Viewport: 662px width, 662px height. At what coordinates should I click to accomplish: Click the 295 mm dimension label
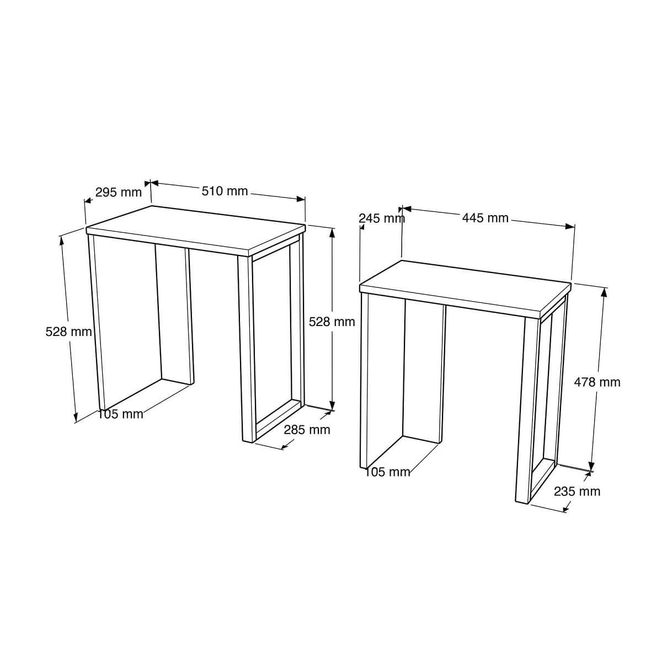pyautogui.click(x=118, y=193)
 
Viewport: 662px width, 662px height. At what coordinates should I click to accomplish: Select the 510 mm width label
pyautogui.click(x=225, y=191)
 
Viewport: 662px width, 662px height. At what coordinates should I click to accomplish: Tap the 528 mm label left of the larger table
pyautogui.click(x=68, y=332)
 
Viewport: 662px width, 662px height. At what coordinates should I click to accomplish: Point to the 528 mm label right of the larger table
pyautogui.click(x=332, y=322)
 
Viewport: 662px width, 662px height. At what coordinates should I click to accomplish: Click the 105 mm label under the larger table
pyautogui.click(x=121, y=414)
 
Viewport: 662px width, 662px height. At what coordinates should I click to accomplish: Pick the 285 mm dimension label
pyautogui.click(x=307, y=430)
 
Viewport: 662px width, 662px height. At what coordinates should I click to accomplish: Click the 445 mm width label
pyautogui.click(x=485, y=218)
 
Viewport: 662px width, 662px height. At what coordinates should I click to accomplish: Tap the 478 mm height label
pyautogui.click(x=597, y=382)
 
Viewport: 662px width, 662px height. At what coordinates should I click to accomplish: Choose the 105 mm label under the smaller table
pyautogui.click(x=388, y=472)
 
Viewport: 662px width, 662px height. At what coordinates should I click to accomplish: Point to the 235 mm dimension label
pyautogui.click(x=577, y=492)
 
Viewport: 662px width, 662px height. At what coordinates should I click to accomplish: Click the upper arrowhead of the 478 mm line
pyautogui.click(x=605, y=292)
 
